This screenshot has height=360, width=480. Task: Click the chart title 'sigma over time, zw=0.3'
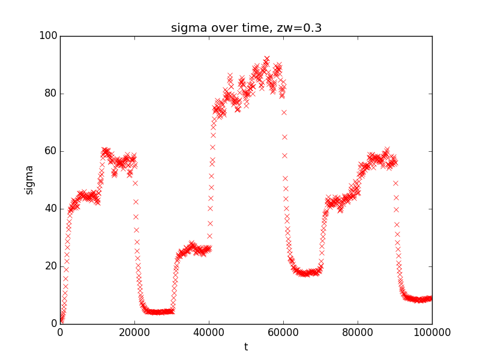[246, 28]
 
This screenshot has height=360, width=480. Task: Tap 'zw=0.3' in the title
[302, 28]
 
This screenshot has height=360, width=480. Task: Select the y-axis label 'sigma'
[29, 180]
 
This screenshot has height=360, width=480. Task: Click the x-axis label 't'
[246, 347]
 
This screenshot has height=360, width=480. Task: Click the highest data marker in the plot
[266, 59]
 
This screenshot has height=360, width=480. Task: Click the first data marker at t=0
[61, 323]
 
